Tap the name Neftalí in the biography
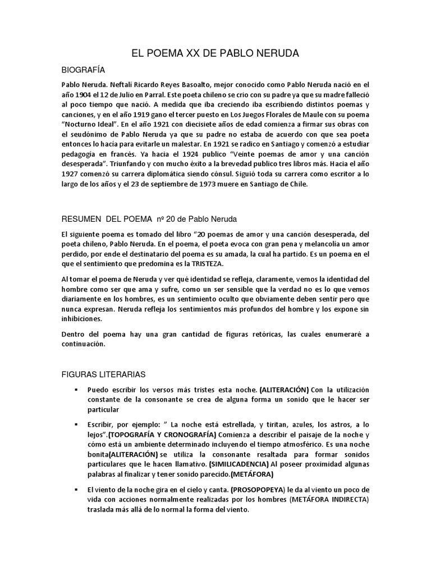click(x=130, y=84)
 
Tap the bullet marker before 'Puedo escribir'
click(x=74, y=389)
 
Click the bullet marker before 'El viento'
click(x=74, y=489)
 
